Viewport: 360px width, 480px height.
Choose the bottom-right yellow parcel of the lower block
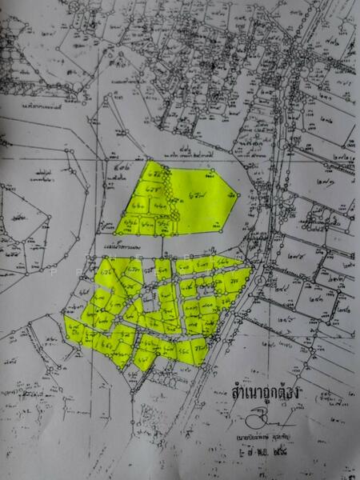coord(196,350)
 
